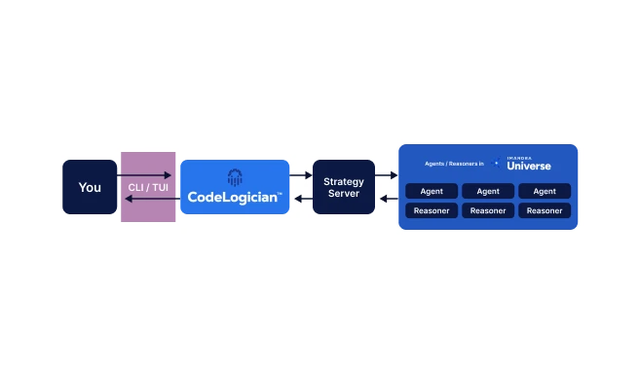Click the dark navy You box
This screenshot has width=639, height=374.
click(90, 187)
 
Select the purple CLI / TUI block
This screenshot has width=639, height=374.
click(148, 187)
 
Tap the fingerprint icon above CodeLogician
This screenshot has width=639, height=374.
click(235, 177)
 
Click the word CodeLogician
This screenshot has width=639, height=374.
click(233, 198)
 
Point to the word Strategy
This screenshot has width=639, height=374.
click(343, 181)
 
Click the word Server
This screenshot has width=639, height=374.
click(343, 193)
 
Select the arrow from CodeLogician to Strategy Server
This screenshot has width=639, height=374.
click(300, 175)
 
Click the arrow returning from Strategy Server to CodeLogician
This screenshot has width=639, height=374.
click(300, 199)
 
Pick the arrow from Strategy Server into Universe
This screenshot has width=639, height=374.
click(387, 175)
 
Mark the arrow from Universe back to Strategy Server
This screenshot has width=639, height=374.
click(387, 199)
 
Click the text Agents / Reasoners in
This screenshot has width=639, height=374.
click(454, 164)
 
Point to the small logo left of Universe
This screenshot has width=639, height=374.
click(497, 164)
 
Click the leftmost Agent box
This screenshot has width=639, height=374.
click(432, 191)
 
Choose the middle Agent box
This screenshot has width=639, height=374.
click(488, 191)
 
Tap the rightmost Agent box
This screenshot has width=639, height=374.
click(545, 191)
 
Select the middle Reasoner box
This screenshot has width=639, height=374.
click(488, 210)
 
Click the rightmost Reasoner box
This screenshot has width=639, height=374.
click(545, 210)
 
